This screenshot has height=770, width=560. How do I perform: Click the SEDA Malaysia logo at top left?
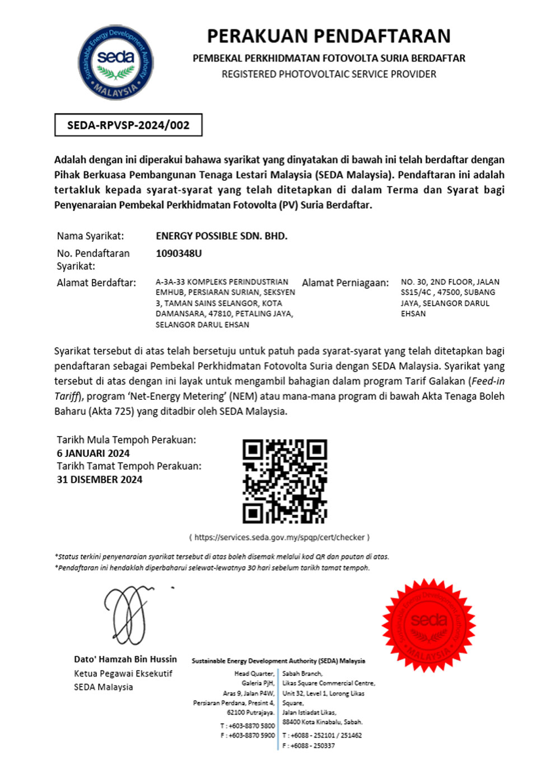[115, 62]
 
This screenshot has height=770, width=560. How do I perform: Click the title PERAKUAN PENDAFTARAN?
[329, 36]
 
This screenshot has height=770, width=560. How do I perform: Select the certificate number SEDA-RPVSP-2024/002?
[128, 125]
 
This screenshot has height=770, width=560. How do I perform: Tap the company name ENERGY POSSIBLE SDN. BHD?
[221, 236]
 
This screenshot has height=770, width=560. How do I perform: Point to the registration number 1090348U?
[179, 253]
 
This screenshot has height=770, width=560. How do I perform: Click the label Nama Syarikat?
[90, 236]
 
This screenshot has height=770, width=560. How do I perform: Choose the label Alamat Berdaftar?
[96, 283]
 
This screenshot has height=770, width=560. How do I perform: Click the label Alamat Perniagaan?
[345, 283]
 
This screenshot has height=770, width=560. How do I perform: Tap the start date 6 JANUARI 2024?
[93, 453]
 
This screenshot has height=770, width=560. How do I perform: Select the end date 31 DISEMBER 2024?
[100, 479]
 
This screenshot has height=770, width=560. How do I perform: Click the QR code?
[284, 481]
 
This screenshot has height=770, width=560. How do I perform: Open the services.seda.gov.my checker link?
[279, 537]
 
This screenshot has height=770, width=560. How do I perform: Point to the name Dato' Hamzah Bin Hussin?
[125, 659]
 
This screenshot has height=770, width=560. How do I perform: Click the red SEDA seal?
[428, 625]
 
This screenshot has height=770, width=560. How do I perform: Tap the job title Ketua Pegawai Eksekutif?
[123, 673]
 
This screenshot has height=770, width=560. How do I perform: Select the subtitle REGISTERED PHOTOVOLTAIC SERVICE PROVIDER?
[329, 74]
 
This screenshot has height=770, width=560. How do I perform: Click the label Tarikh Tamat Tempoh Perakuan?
[129, 466]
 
